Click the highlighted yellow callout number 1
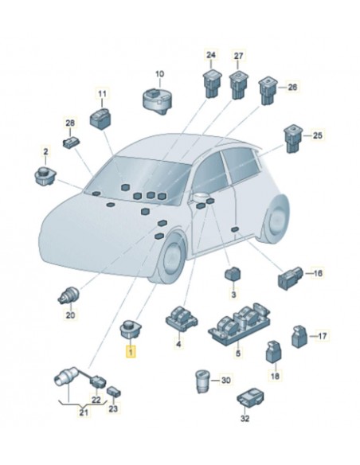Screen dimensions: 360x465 point(131,352)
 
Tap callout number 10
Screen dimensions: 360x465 point(159,73)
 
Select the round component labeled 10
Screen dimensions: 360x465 point(157,100)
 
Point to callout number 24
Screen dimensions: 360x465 point(211,55)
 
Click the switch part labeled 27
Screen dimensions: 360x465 point(238,85)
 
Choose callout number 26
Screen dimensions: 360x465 point(292,88)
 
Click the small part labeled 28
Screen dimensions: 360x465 point(71,143)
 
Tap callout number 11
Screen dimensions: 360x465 point(102,94)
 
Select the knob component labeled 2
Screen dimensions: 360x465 point(45,176)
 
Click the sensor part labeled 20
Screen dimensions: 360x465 point(68,295)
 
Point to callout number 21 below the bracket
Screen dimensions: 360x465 point(84,412)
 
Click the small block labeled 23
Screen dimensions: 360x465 point(114,392)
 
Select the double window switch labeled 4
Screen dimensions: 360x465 point(181,318)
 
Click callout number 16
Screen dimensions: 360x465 point(318,273)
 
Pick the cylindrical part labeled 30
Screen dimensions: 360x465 point(202,381)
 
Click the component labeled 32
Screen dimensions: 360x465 point(251,397)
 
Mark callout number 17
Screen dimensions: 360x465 point(322,336)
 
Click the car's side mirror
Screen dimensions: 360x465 point(201,197)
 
